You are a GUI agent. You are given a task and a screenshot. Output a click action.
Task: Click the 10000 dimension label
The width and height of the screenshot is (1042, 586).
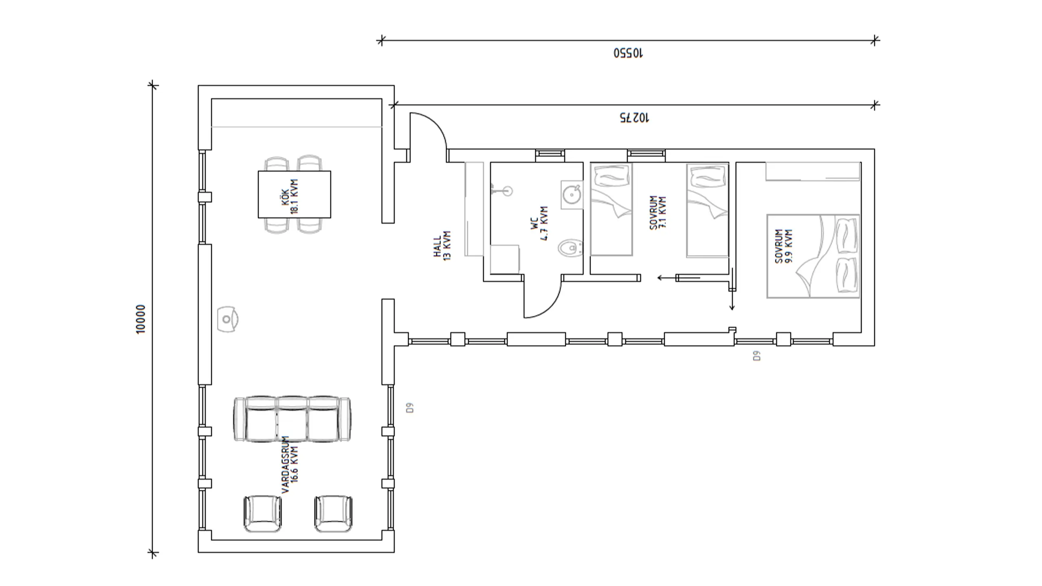click(140, 319)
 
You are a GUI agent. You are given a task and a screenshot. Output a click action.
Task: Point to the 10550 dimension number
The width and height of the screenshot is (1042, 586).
click(628, 53)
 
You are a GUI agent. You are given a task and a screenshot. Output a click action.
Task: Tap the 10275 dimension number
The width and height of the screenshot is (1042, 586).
click(635, 118)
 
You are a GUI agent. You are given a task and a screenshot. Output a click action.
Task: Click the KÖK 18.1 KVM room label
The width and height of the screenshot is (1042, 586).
click(290, 196)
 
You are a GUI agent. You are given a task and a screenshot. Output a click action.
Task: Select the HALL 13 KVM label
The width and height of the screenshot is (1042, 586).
click(442, 246)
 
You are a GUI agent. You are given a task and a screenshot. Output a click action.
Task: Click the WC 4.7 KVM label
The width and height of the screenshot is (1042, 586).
click(540, 223)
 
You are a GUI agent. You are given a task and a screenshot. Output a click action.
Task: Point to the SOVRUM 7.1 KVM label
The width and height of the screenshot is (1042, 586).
click(658, 213)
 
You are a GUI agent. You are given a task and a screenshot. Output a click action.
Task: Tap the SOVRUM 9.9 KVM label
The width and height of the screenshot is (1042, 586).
click(784, 246)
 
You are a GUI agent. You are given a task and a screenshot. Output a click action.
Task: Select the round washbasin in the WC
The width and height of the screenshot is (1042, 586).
click(572, 195)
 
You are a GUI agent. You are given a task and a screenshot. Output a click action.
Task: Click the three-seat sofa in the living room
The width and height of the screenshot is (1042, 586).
click(292, 419)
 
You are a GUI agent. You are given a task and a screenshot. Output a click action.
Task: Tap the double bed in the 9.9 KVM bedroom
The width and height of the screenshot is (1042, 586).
click(813, 256)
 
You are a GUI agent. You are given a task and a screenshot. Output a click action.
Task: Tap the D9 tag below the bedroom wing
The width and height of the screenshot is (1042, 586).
click(757, 356)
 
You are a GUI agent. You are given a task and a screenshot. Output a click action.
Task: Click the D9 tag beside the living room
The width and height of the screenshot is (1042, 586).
click(410, 408)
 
